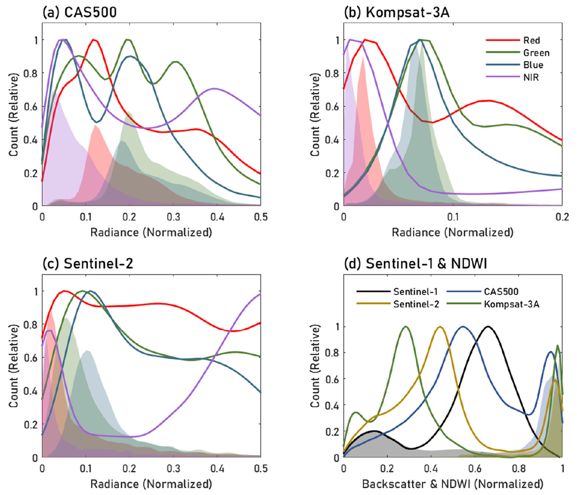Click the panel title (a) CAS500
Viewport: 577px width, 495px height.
pyautogui.click(x=79, y=12)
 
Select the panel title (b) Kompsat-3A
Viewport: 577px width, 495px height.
pyautogui.click(x=396, y=12)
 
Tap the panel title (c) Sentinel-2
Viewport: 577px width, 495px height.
pyautogui.click(x=88, y=264)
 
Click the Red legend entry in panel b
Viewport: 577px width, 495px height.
pyautogui.click(x=532, y=40)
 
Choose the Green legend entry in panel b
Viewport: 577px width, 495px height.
pyautogui.click(x=536, y=53)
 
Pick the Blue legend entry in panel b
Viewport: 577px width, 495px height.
pyautogui.click(x=533, y=65)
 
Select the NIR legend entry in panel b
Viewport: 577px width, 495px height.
pyautogui.click(x=531, y=77)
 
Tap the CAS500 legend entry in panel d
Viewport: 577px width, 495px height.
pyautogui.click(x=501, y=292)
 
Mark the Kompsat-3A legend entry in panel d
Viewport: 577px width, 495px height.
pyautogui.click(x=511, y=304)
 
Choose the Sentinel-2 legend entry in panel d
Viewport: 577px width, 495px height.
pyautogui.click(x=416, y=304)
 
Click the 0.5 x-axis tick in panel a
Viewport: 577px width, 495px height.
pyautogui.click(x=261, y=217)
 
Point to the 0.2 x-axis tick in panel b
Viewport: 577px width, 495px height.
pyautogui.click(x=562, y=217)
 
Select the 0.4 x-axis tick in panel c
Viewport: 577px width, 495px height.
pyautogui.click(x=217, y=469)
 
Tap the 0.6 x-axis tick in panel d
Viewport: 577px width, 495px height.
pyautogui.click(x=475, y=469)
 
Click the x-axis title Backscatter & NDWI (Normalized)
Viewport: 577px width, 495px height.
pyautogui.click(x=453, y=484)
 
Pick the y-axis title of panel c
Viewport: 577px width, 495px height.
pyautogui.click(x=14, y=366)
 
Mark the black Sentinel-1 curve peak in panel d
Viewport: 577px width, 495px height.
pyautogui.click(x=487, y=327)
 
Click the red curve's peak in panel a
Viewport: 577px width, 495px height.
pyautogui.click(x=94, y=40)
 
